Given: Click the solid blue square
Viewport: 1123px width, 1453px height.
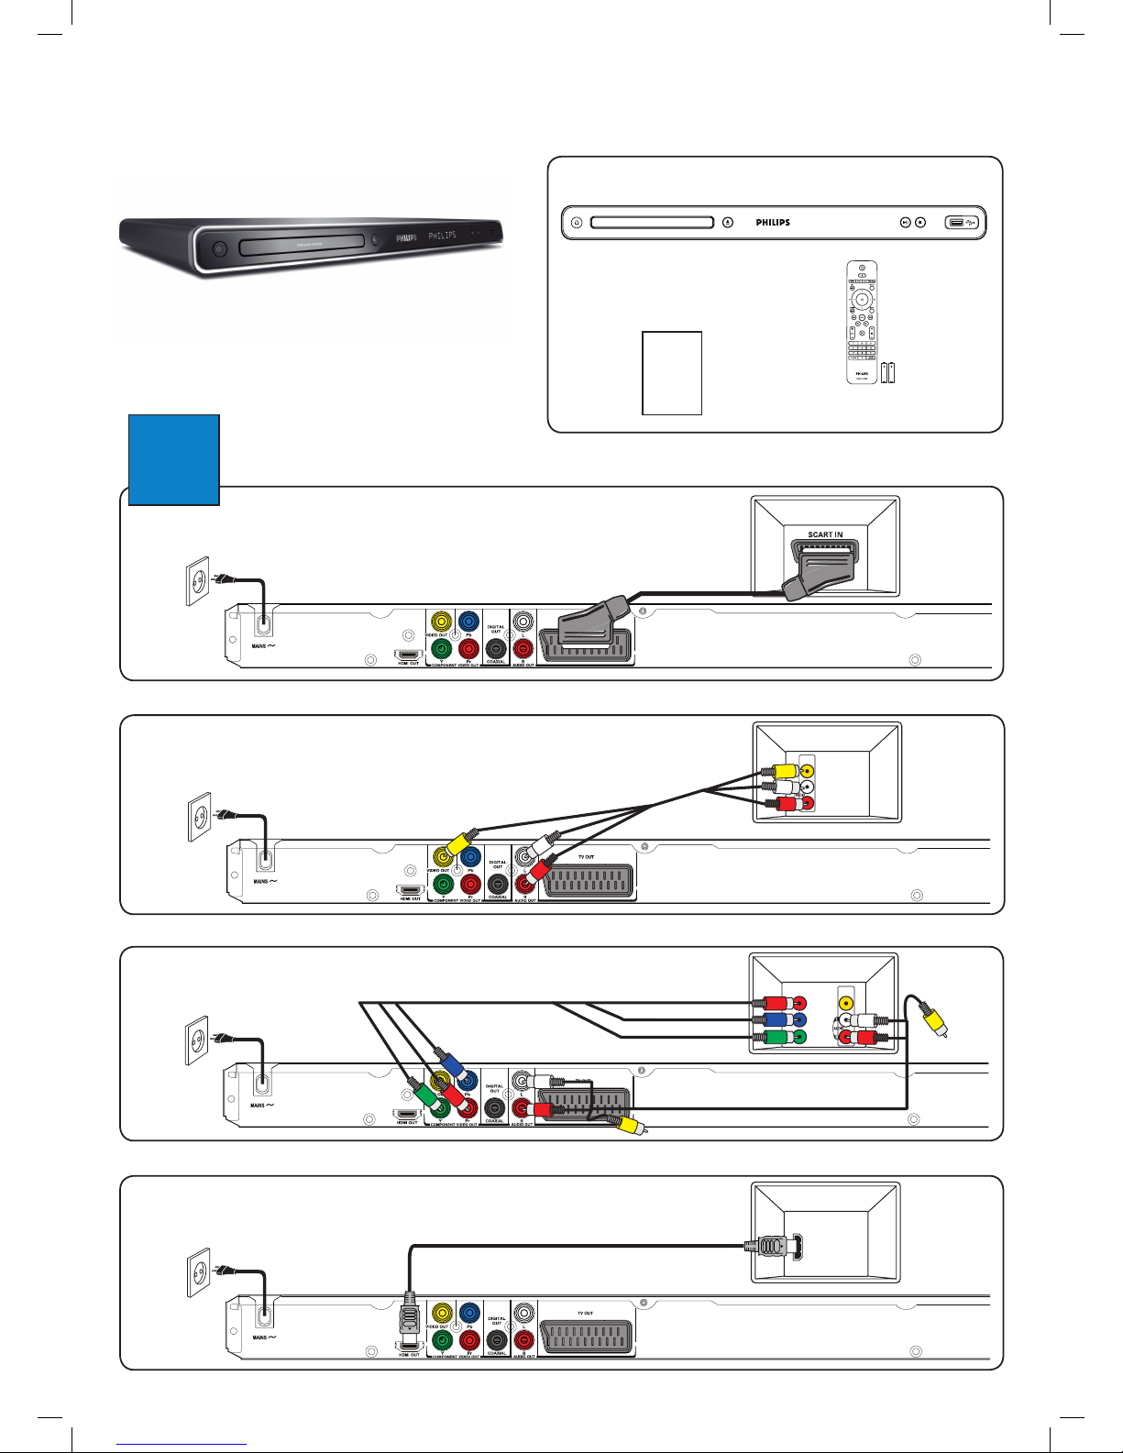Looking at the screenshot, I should [174, 459].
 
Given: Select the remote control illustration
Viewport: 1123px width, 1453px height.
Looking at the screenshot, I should [861, 322].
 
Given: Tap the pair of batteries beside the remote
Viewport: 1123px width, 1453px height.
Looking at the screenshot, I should [887, 372].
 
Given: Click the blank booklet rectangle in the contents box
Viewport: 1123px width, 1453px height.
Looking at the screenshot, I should [672, 373].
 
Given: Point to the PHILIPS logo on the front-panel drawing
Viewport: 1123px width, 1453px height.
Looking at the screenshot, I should [773, 222].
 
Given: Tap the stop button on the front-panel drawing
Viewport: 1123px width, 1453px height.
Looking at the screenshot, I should [920, 222].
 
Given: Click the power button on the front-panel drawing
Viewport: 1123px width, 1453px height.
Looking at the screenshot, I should [576, 222].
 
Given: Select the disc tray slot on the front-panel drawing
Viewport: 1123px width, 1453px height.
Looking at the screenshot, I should [652, 222].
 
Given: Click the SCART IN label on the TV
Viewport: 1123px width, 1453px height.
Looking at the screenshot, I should [825, 534].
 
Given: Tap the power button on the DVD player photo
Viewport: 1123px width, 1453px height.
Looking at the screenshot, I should [218, 248].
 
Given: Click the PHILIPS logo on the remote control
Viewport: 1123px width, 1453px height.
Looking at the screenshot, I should [862, 374].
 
